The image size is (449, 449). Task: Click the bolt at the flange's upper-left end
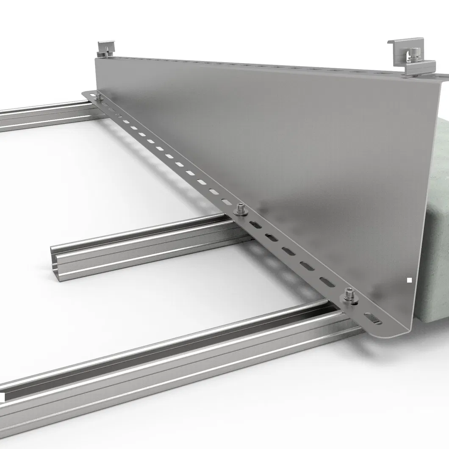coord(99,97)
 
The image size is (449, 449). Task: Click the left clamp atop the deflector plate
coord(105,48)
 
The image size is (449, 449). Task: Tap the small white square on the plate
coord(409,280)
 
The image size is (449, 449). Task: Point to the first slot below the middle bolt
coord(256,224)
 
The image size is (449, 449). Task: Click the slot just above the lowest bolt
coord(327,281)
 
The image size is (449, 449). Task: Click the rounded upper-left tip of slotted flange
coord(85,93)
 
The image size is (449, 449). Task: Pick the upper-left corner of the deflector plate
coord(96,59)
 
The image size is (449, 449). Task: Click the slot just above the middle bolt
coord(226,202)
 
